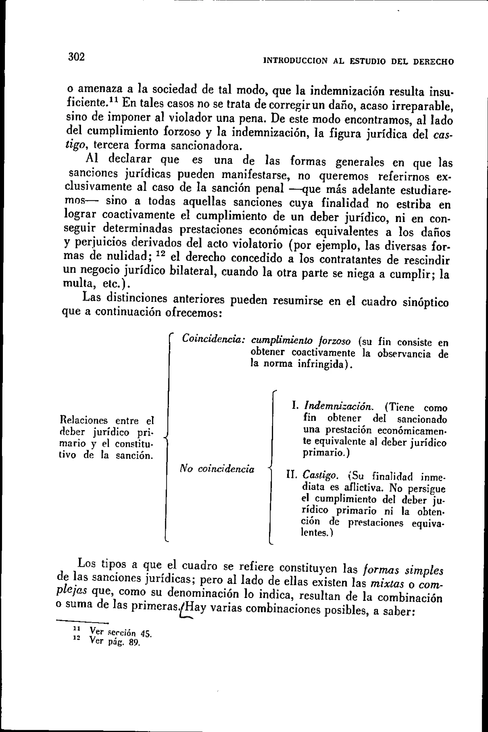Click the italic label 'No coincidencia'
pos(217,469)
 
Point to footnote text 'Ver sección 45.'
pos(120,632)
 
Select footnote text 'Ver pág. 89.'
pos(115,641)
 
